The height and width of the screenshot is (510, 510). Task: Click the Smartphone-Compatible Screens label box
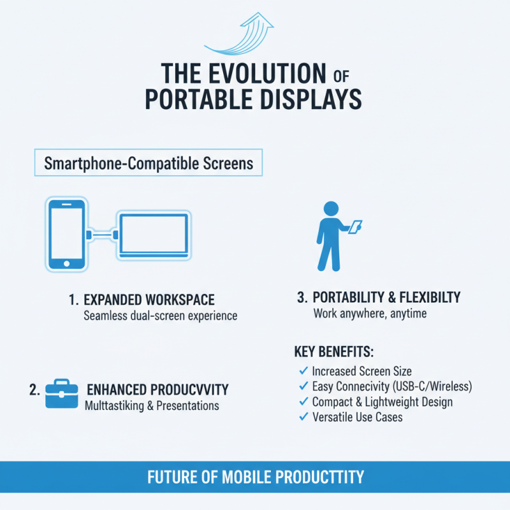coord(148,163)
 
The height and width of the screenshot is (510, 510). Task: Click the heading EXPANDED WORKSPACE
coord(149,300)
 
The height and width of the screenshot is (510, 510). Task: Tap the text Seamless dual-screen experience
coord(160,316)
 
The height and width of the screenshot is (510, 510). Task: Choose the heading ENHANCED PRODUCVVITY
coord(157,390)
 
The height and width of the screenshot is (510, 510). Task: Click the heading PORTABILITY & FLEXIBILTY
coord(387,298)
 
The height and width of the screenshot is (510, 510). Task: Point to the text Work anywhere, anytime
coord(370,314)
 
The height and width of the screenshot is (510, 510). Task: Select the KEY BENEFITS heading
coord(334,352)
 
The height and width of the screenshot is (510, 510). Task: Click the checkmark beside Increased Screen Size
coord(303,370)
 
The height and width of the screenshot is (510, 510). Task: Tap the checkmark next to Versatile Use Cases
coord(303,417)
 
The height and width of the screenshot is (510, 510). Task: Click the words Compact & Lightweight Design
coord(382,402)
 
